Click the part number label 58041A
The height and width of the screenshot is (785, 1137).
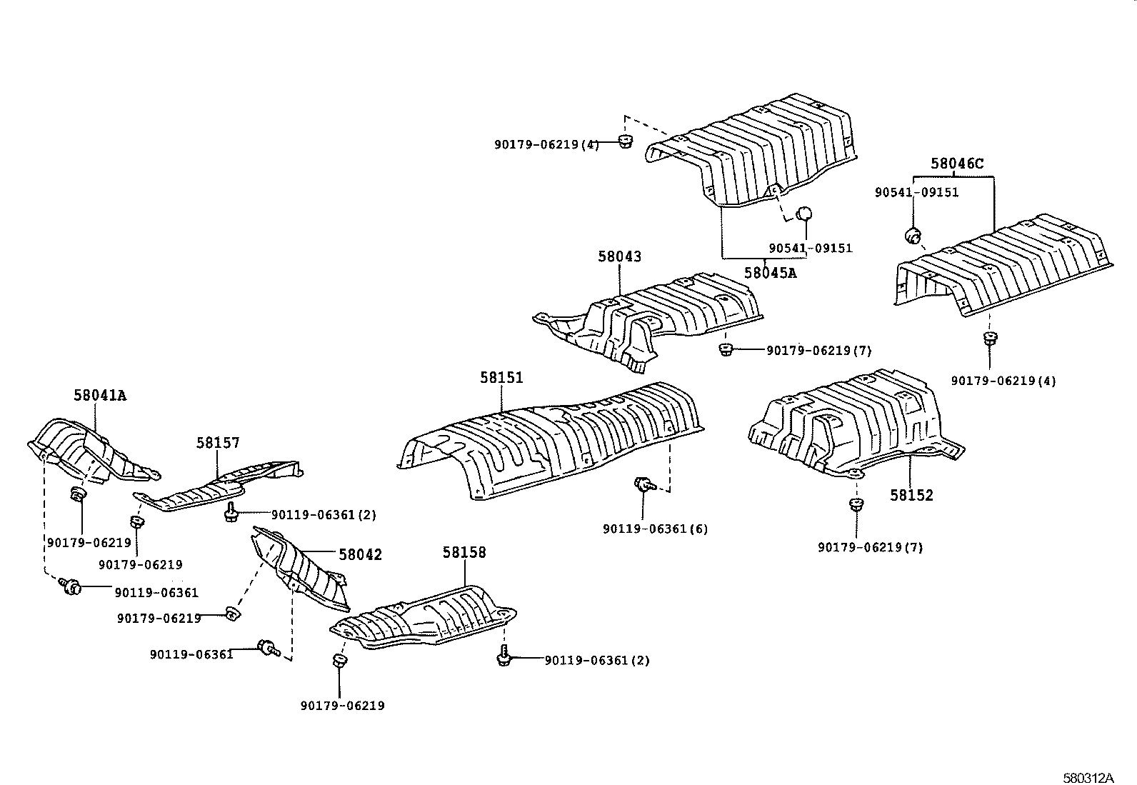[x=99, y=395]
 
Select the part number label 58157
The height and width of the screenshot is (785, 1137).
[x=218, y=444]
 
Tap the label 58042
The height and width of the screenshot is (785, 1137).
[x=360, y=554]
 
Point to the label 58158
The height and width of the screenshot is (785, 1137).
[x=464, y=552]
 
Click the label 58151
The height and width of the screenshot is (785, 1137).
[x=501, y=377]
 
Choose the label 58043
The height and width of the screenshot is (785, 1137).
[x=619, y=256]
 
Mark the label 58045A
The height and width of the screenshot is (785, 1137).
[x=769, y=272]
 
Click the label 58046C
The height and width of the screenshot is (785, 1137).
[x=956, y=164]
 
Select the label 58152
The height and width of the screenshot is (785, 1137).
[x=911, y=495]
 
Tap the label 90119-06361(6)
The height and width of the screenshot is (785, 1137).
[x=655, y=529]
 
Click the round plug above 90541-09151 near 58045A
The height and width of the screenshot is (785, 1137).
[x=804, y=214]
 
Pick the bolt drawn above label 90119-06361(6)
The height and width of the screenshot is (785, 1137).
[x=643, y=485]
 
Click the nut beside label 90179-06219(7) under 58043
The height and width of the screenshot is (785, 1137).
[x=726, y=349]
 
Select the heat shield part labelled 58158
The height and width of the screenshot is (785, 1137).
[x=429, y=619]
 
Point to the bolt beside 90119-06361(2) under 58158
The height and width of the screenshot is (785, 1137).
[x=503, y=655]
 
